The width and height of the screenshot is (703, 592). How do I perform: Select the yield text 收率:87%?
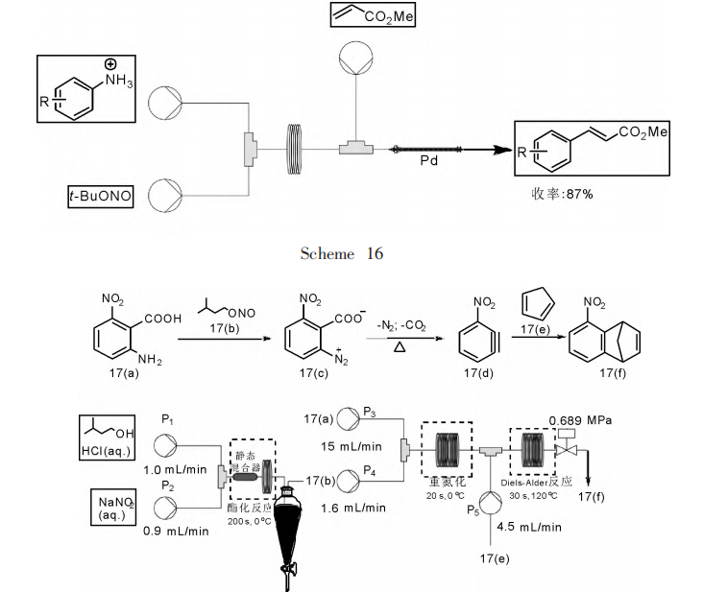[563, 193]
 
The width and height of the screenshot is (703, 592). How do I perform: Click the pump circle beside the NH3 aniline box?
[166, 98]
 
